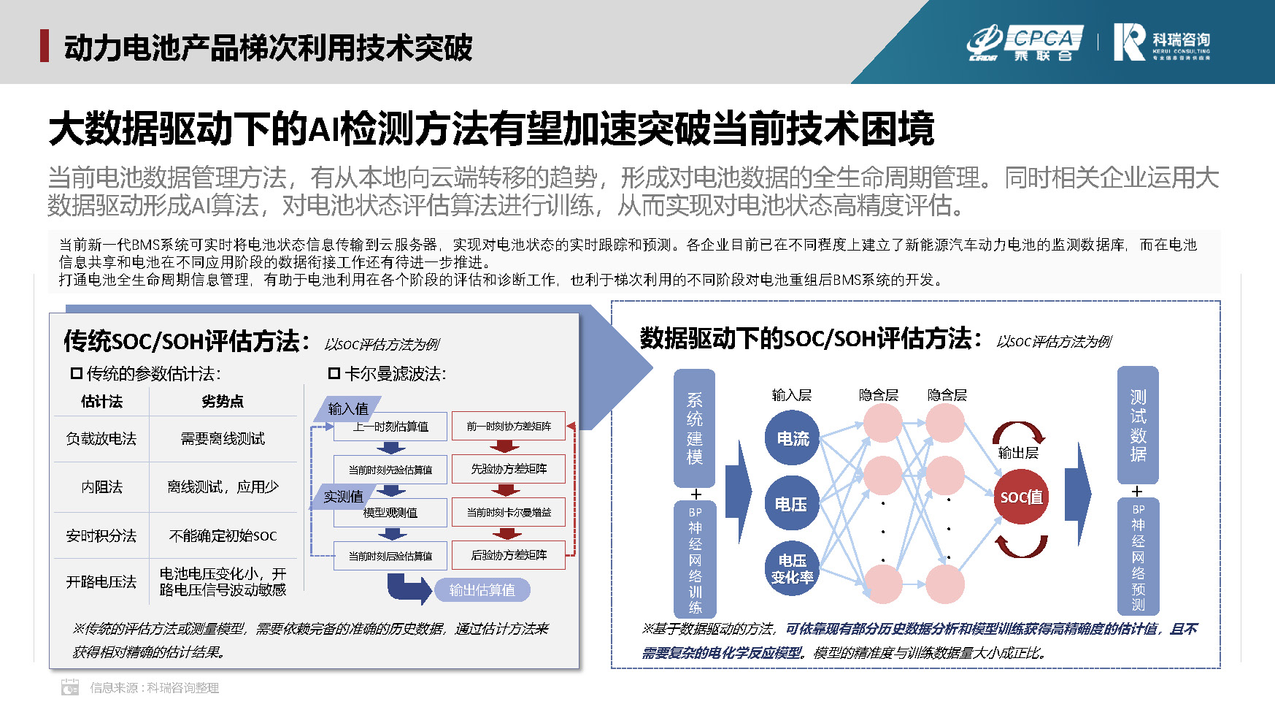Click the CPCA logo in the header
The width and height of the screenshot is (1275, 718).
click(x=1025, y=43)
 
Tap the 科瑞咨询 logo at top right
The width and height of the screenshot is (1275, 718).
click(x=1161, y=42)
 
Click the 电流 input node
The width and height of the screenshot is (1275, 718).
click(x=792, y=438)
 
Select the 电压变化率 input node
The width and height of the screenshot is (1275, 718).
click(x=792, y=569)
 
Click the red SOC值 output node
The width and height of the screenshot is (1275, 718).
click(x=1021, y=497)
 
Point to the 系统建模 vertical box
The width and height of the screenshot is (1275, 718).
click(x=694, y=428)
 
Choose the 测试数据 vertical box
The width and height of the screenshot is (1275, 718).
click(x=1138, y=425)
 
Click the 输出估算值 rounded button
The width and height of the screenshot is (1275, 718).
click(x=482, y=590)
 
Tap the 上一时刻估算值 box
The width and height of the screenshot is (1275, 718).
click(x=390, y=427)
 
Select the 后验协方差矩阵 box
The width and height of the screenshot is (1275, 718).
click(x=509, y=555)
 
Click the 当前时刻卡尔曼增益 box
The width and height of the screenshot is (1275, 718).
click(x=509, y=513)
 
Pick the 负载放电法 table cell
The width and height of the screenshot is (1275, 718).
click(x=101, y=438)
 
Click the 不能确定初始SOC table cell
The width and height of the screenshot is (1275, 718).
click(x=223, y=536)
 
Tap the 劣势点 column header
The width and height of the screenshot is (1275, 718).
click(x=223, y=402)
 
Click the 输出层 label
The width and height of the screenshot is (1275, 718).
click(x=1018, y=453)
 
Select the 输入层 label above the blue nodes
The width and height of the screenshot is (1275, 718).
click(x=792, y=395)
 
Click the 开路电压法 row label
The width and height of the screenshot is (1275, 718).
click(x=101, y=582)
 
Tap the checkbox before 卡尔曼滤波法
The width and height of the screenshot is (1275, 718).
click(x=334, y=373)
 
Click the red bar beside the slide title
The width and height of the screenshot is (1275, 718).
click(x=45, y=46)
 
